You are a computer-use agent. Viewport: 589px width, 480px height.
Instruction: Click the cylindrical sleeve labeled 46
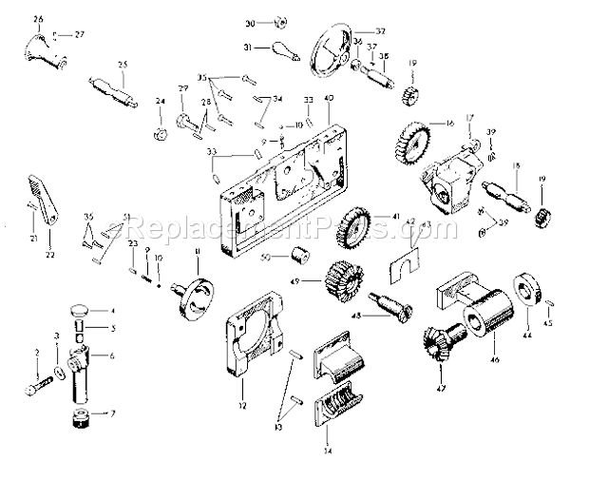pos(487,323)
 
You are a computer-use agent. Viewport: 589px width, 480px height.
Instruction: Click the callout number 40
pos(329,100)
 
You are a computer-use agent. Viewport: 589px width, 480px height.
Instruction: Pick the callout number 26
pos(38,19)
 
